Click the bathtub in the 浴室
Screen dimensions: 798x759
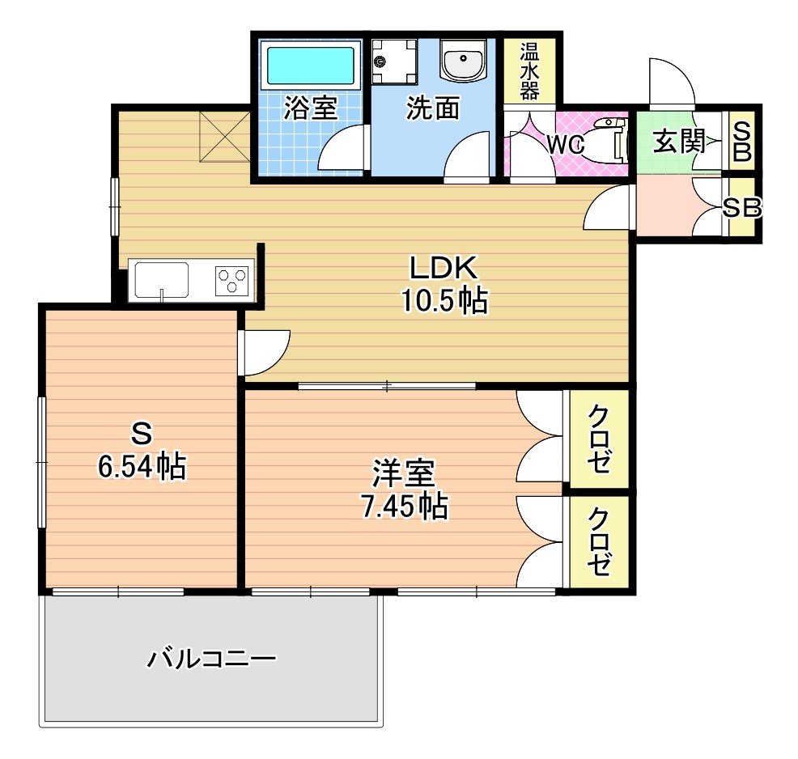coord(311,66)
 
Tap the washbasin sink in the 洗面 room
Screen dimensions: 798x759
coord(463,60)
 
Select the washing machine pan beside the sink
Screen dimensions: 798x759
coord(394,61)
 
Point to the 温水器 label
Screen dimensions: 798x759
coord(530,70)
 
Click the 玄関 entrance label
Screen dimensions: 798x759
coord(679,141)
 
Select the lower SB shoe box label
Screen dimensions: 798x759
coord(742,207)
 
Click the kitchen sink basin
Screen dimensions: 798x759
coord(162,280)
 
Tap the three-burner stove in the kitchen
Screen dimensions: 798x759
coord(232,281)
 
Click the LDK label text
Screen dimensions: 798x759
coord(444,268)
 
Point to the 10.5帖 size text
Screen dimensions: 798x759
coord(445,301)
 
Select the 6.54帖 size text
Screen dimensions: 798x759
coord(142,466)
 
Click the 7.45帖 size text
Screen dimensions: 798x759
coord(405,506)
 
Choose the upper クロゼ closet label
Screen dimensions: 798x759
coord(599,439)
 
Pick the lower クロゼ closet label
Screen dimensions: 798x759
coord(599,542)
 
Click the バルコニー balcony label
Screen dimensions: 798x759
coord(212,659)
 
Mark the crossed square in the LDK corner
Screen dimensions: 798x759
coord(224,137)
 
